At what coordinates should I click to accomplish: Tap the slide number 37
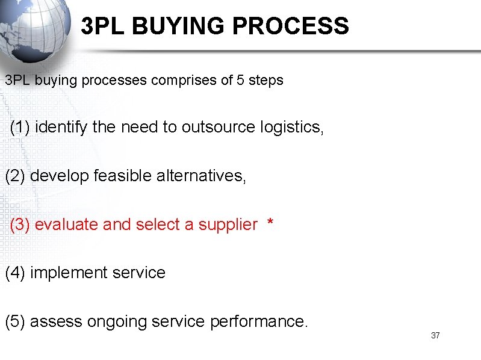pyautogui.click(x=435, y=335)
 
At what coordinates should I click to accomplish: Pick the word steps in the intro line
pyautogui.click(x=265, y=80)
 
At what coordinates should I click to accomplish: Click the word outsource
pyautogui.click(x=219, y=127)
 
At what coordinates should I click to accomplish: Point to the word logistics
pyautogui.click(x=292, y=127)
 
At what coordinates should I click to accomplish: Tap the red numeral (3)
pyautogui.click(x=20, y=225)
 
